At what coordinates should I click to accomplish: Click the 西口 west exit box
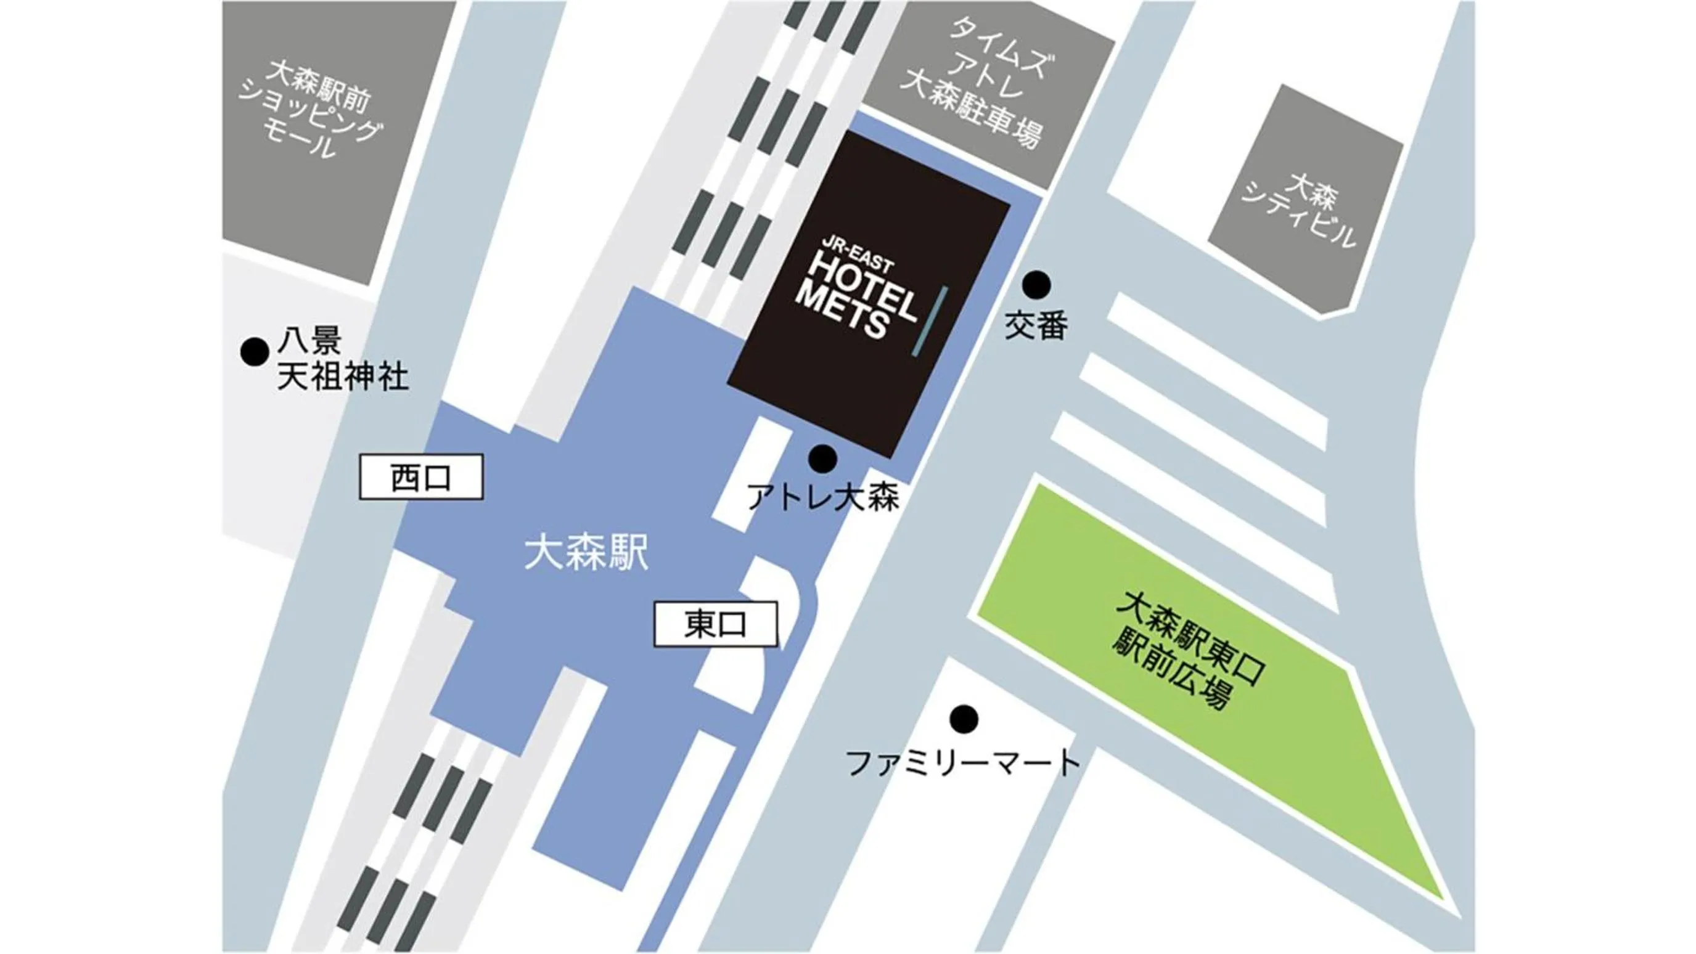point(420,477)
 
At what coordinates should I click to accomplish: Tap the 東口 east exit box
point(715,624)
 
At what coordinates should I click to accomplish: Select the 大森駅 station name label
point(586,553)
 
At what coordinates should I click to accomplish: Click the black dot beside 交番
point(1036,285)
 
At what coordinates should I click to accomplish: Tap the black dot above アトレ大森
point(822,458)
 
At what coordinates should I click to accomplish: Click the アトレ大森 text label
point(823,497)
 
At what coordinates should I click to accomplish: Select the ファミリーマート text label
point(962,763)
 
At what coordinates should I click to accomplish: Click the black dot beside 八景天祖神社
point(254,351)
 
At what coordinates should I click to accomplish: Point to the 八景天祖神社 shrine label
point(341,360)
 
